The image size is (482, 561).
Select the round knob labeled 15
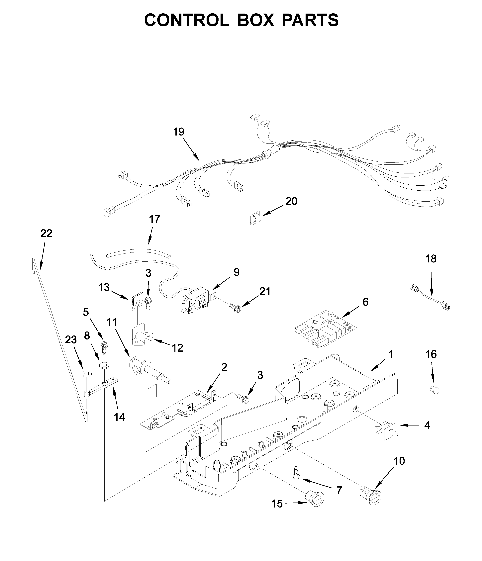(x=314, y=499)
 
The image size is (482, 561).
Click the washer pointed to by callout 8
(x=104, y=365)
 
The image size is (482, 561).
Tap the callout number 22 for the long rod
(x=46, y=233)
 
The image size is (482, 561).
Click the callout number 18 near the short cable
(x=431, y=259)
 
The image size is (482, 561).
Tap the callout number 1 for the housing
(x=391, y=354)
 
